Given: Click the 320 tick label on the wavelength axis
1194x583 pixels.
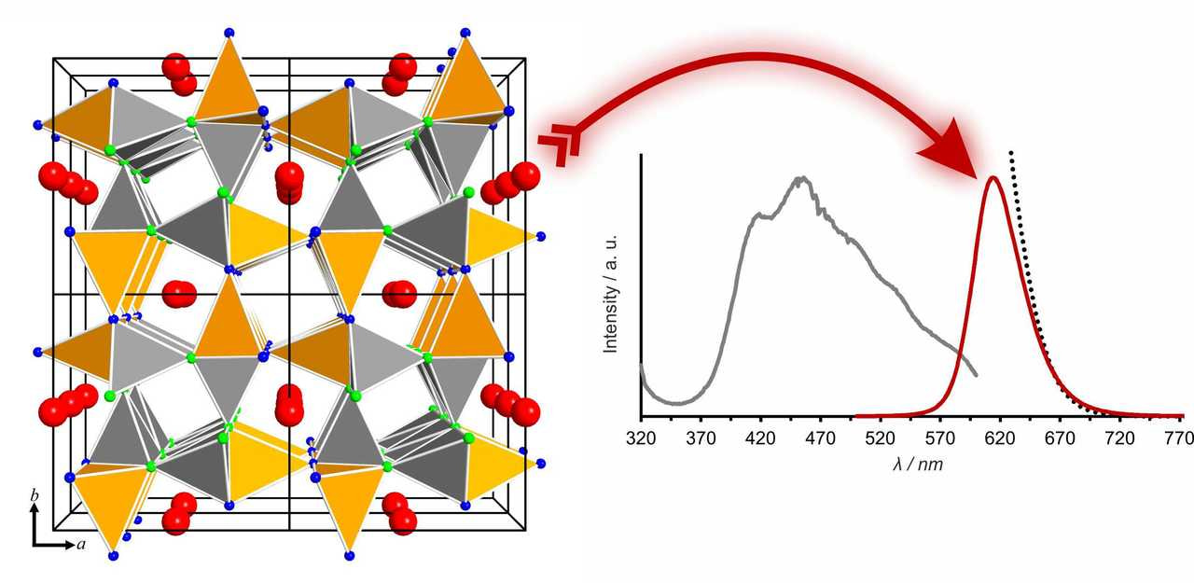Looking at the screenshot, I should tap(641, 437).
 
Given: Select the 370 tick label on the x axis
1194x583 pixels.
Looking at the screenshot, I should tap(701, 437).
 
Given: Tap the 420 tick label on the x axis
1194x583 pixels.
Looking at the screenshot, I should tap(761, 437).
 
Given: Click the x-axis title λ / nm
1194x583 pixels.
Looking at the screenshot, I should tap(917, 463).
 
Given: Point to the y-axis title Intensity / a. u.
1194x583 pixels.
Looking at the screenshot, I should tap(612, 293).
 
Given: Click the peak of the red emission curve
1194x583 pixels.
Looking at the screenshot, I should tap(993, 177).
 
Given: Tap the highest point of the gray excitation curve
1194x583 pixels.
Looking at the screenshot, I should tap(800, 176).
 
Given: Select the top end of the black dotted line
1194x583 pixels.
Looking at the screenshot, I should tap(1010, 151).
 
